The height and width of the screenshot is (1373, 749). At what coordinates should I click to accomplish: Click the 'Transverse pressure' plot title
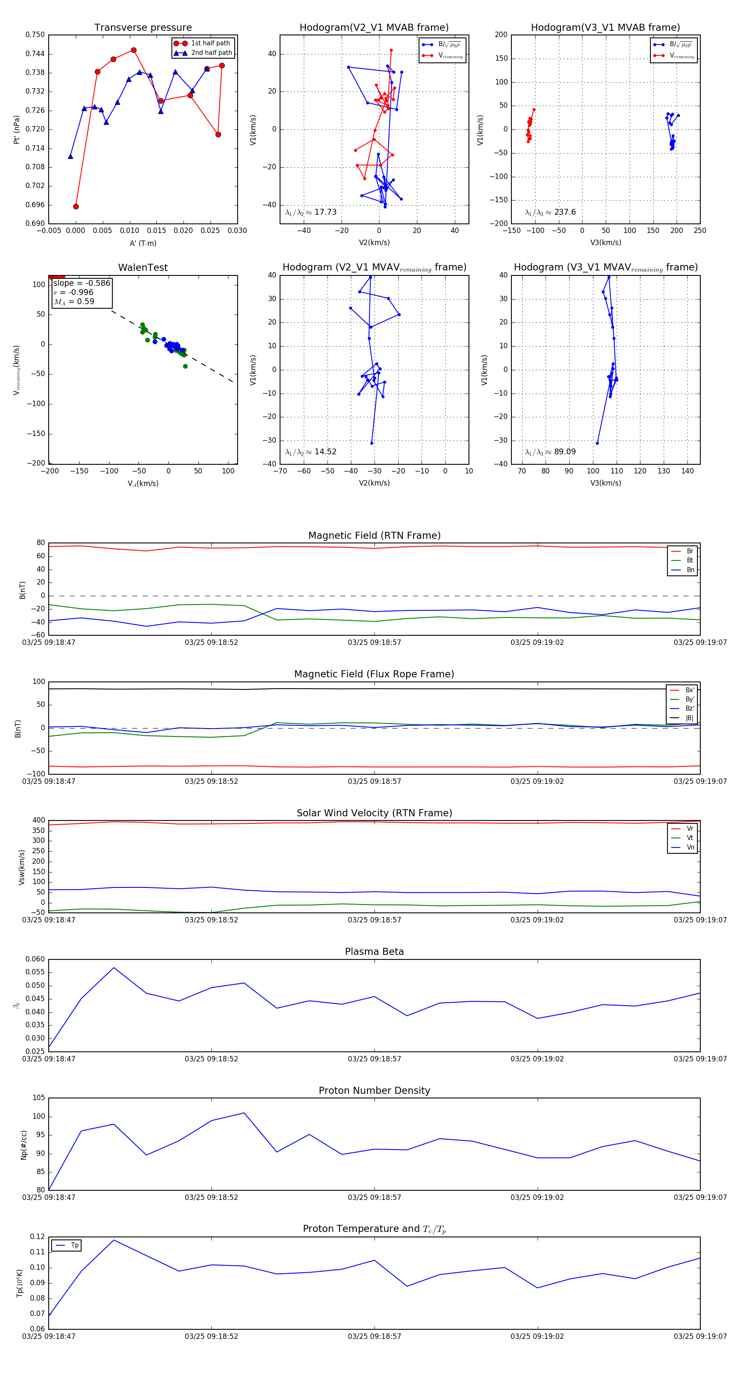pos(143,28)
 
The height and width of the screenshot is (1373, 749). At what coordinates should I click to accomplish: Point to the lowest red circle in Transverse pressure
pos(76,206)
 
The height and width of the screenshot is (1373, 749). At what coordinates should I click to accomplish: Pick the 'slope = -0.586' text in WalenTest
pos(82,283)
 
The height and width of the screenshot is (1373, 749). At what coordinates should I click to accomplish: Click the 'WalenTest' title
pos(143,268)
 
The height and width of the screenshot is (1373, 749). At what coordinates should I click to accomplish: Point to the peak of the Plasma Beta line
pos(114,967)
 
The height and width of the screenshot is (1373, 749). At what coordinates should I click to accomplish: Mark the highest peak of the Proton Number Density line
pos(244,1113)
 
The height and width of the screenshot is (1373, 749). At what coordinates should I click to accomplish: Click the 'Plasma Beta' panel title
pos(374,952)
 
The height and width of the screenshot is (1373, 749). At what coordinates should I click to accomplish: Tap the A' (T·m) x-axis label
pos(143,243)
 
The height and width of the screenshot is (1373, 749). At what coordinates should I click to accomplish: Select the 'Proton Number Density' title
pos(374,1090)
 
